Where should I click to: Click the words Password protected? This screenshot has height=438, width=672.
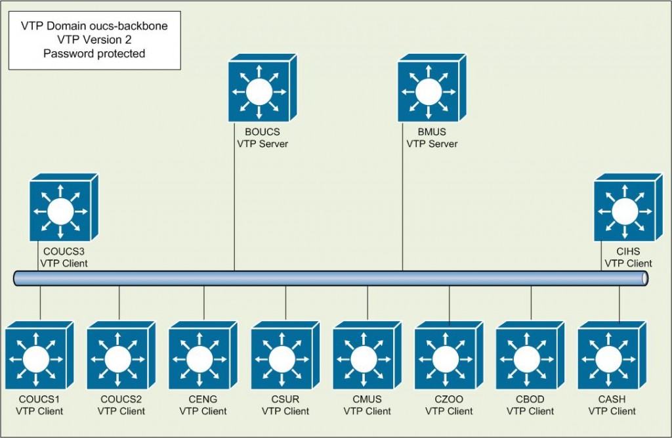[94, 54]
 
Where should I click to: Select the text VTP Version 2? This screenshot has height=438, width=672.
[94, 41]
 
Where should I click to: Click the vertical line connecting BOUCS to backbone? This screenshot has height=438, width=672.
[235, 210]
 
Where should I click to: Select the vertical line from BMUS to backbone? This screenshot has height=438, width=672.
[403, 210]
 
